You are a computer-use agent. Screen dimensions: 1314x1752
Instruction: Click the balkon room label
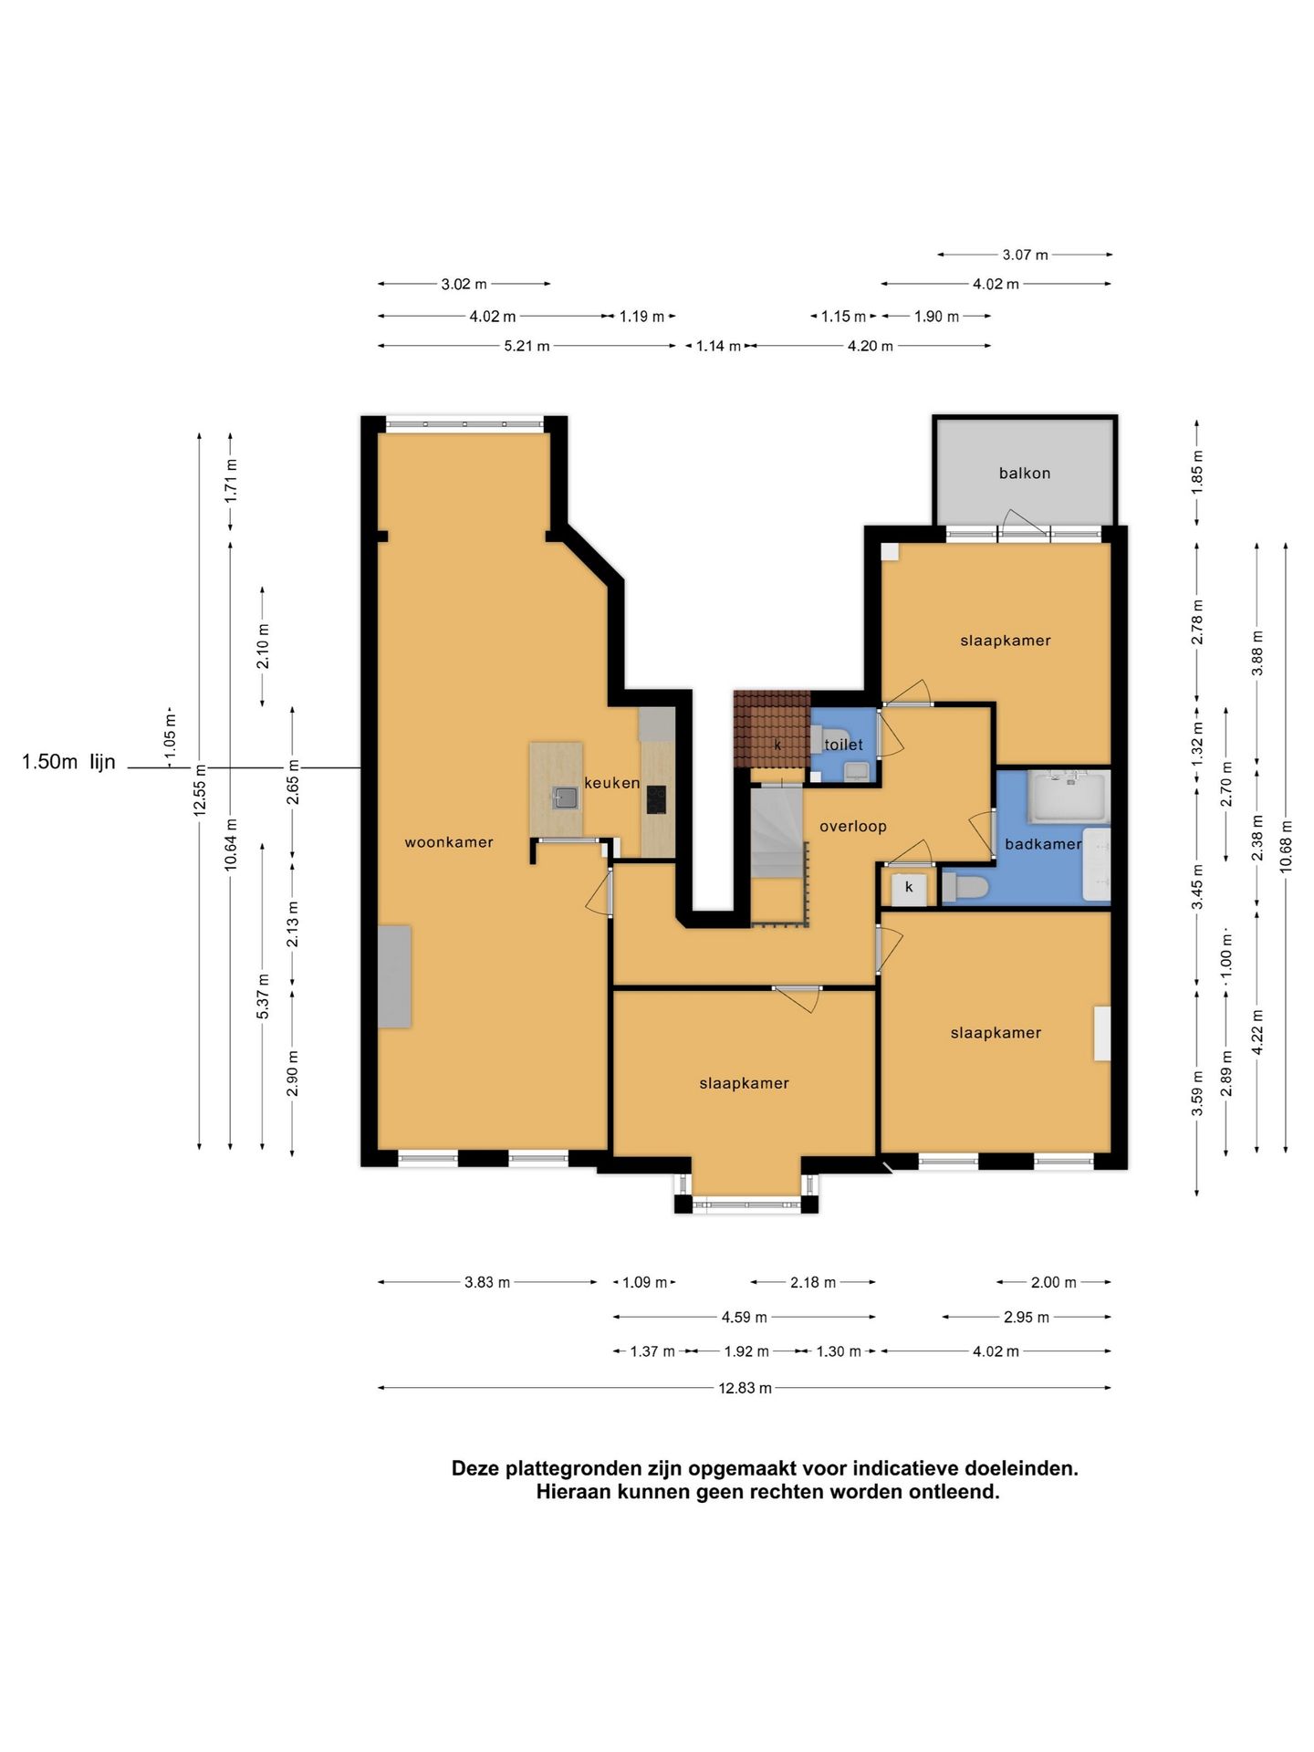tap(1024, 473)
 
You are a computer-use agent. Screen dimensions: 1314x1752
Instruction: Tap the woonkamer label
tap(449, 842)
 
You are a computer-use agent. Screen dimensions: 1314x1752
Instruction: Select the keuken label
tap(611, 783)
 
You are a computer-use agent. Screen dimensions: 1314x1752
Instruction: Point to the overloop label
tap(853, 827)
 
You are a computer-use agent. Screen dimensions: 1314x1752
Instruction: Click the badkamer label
tap(1043, 844)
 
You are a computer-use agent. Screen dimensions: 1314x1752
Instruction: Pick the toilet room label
tap(843, 745)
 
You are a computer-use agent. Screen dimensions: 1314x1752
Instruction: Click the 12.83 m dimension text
tap(745, 1388)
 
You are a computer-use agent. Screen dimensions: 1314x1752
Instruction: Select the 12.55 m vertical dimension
tap(200, 791)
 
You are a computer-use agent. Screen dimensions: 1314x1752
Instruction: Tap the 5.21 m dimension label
tap(527, 346)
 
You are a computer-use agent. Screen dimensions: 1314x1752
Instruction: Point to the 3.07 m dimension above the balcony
tap(1025, 255)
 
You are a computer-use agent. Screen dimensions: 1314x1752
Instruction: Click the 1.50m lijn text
tap(68, 762)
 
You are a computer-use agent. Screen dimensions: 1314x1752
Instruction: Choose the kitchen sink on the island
tap(566, 798)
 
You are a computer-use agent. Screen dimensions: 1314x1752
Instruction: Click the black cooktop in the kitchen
tap(656, 799)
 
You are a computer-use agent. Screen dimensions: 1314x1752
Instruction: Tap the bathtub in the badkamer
tap(1068, 797)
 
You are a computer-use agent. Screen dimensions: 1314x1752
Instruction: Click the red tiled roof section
tap(771, 729)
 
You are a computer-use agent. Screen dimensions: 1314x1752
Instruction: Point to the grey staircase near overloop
tap(777, 833)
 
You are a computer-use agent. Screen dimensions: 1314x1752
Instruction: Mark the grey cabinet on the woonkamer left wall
tap(394, 976)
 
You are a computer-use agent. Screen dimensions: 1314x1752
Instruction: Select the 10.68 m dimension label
tap(1286, 845)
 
